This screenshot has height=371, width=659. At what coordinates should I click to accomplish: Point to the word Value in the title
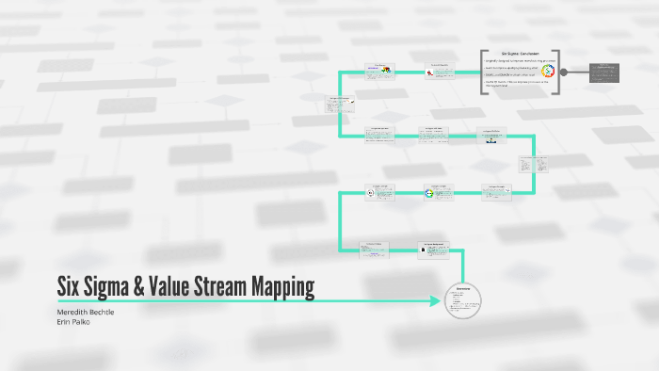pyautogui.click(x=190, y=287)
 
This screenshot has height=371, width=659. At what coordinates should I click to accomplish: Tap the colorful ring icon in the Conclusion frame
pyautogui.click(x=548, y=72)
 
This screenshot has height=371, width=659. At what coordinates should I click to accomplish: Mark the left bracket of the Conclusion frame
pyautogui.click(x=481, y=73)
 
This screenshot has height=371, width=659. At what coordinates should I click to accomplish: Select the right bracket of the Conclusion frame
pyautogui.click(x=557, y=73)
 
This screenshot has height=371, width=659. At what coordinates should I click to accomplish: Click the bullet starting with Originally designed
pyautogui.click(x=516, y=61)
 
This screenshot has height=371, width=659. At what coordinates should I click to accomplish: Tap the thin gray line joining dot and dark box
pyautogui.click(x=579, y=73)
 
